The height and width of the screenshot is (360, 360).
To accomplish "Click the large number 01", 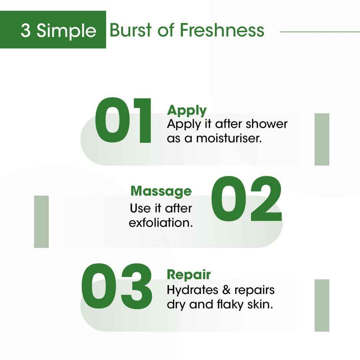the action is (x=123, y=121).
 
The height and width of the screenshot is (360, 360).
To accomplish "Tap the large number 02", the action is (x=246, y=199).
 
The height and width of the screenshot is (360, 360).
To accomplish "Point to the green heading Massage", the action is (x=161, y=191).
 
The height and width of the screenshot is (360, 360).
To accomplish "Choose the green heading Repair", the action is (x=189, y=274).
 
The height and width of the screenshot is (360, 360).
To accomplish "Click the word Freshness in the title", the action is (x=222, y=30).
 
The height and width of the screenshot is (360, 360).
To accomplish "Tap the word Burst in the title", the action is (x=131, y=30).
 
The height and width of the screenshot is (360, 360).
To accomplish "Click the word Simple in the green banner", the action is (x=66, y=31).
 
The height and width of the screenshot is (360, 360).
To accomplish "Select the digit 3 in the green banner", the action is (x=26, y=30).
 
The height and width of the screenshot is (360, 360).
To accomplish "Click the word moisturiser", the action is (x=229, y=138).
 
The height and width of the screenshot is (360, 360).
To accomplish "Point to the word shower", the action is (x=267, y=124).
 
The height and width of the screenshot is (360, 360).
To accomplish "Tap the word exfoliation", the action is (x=161, y=223).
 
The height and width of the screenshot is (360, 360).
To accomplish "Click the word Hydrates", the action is (x=192, y=290).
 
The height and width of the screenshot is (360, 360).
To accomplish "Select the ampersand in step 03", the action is (x=226, y=290).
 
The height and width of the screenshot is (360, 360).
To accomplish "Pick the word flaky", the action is (x=230, y=305).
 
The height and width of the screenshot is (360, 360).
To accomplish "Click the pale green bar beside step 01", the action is (x=322, y=139).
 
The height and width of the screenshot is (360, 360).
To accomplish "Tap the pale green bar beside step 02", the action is (x=41, y=222).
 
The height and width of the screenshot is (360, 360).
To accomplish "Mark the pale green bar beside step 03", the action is (x=322, y=305).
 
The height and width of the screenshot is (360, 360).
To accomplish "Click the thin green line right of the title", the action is (x=320, y=32).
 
